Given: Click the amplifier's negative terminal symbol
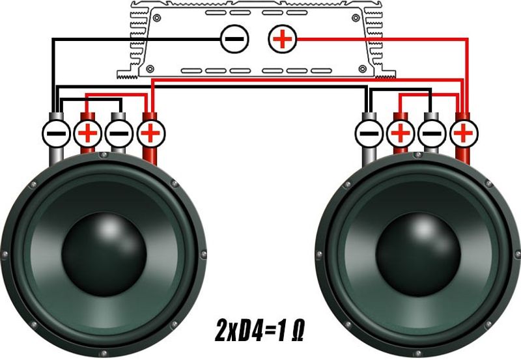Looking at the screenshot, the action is click(234, 39).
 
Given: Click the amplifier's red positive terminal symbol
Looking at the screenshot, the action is click(283, 39).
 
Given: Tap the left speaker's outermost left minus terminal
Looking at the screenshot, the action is click(56, 133).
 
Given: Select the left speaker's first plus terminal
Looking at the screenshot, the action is click(87, 133).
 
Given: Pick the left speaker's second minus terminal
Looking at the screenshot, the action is click(119, 133).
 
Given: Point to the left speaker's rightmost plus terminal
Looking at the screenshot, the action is click(150, 133).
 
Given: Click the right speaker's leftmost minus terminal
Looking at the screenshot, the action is click(369, 134).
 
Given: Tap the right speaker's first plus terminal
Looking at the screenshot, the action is click(401, 134).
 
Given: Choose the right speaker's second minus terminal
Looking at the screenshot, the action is click(432, 134).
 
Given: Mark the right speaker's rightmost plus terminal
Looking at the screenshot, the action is click(464, 134).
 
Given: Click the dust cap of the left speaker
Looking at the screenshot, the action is click(104, 255).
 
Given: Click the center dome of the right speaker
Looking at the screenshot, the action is click(418, 255).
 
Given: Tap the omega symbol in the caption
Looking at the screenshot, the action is click(298, 331).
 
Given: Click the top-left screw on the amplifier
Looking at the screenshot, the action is click(157, 18).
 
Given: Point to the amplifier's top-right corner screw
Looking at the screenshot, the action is click(356, 18).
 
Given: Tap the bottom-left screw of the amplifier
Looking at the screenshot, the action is click(150, 69).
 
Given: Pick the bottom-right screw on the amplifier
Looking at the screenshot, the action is click(363, 69).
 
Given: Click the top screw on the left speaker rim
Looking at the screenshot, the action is click(104, 155).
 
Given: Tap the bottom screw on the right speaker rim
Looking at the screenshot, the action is click(418, 353).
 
